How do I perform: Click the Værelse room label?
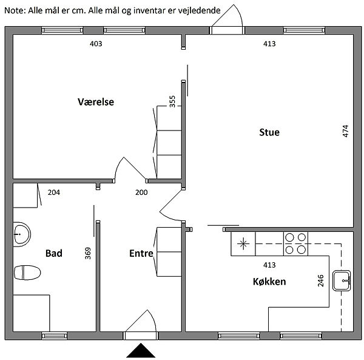pyautogui.click(x=96, y=102)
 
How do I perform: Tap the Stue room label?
pyautogui.click(x=269, y=132)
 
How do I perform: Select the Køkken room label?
pyautogui.click(x=269, y=282)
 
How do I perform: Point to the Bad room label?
pyautogui.click(x=54, y=253)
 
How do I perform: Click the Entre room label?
pyautogui.click(x=141, y=253)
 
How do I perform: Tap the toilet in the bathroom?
pyautogui.click(x=27, y=273)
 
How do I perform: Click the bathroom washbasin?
pyautogui.click(x=22, y=234)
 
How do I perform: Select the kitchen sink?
pyautogui.click(x=342, y=280)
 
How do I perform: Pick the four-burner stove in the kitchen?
pyautogui.click(x=295, y=243)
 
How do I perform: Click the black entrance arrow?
pyautogui.click(x=141, y=350)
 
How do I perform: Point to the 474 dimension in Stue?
pyautogui.click(x=346, y=131)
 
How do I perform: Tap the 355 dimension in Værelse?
pyautogui.click(x=172, y=101)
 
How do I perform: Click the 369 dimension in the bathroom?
pyautogui.click(x=88, y=253)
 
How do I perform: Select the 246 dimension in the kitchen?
pyautogui.click(x=320, y=280)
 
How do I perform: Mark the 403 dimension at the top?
pyautogui.click(x=96, y=44)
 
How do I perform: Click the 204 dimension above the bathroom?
pyautogui.click(x=54, y=192)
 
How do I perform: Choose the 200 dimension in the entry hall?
pyautogui.click(x=141, y=192)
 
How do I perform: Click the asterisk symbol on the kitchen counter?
pyautogui.click(x=243, y=244)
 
